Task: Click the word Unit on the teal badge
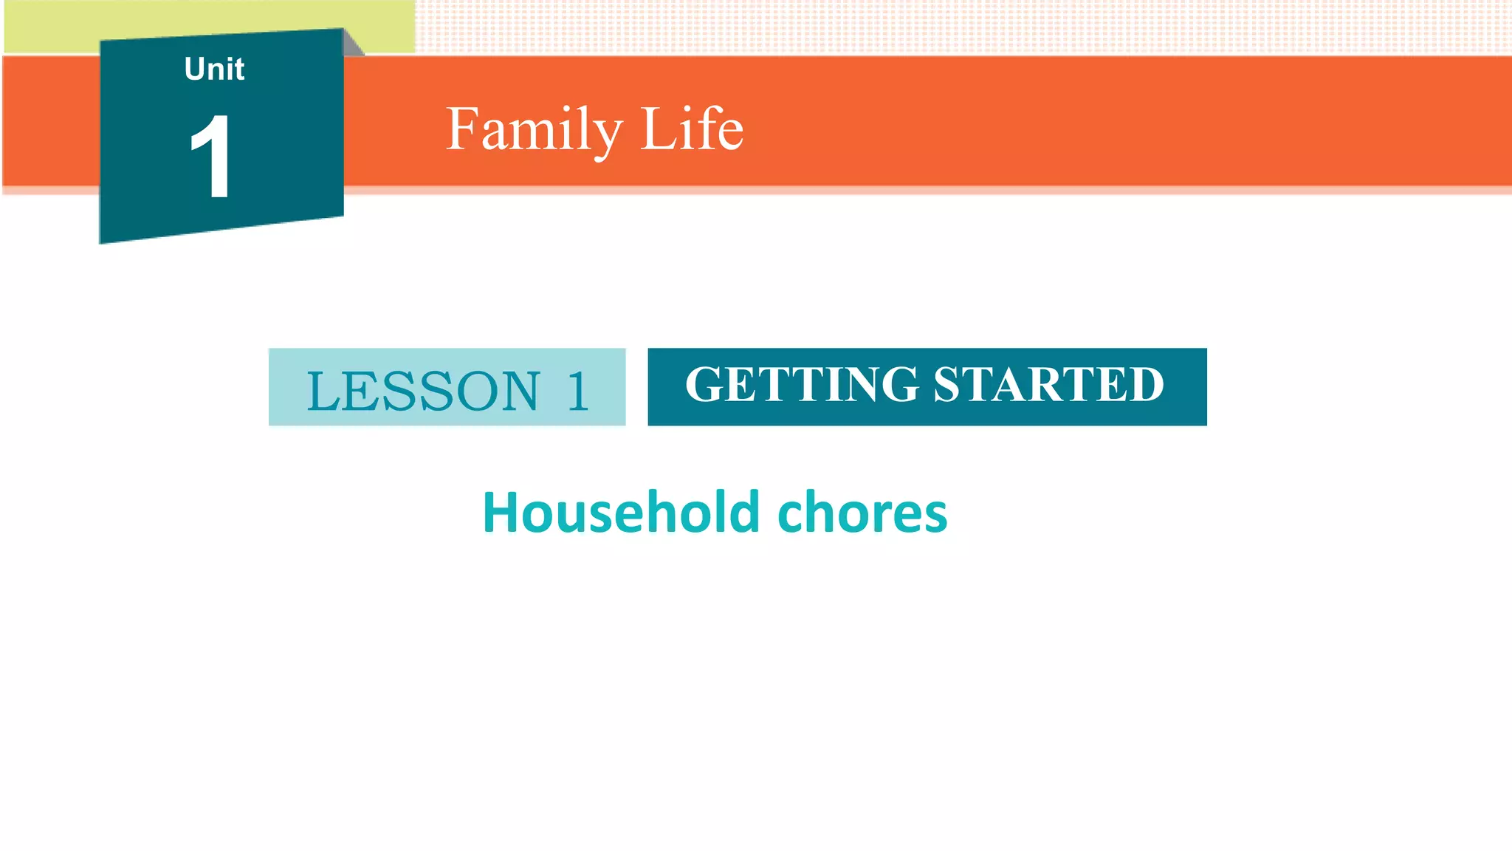[x=214, y=69]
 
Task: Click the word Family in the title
[x=534, y=129]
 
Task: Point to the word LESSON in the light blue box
[x=423, y=391]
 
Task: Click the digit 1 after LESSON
[x=577, y=391]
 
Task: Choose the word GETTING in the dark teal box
[x=802, y=384]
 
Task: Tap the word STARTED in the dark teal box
[x=1048, y=384]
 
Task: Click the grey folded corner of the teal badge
[x=353, y=43]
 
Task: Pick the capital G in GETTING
[x=704, y=384]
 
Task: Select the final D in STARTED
[x=1146, y=384]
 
